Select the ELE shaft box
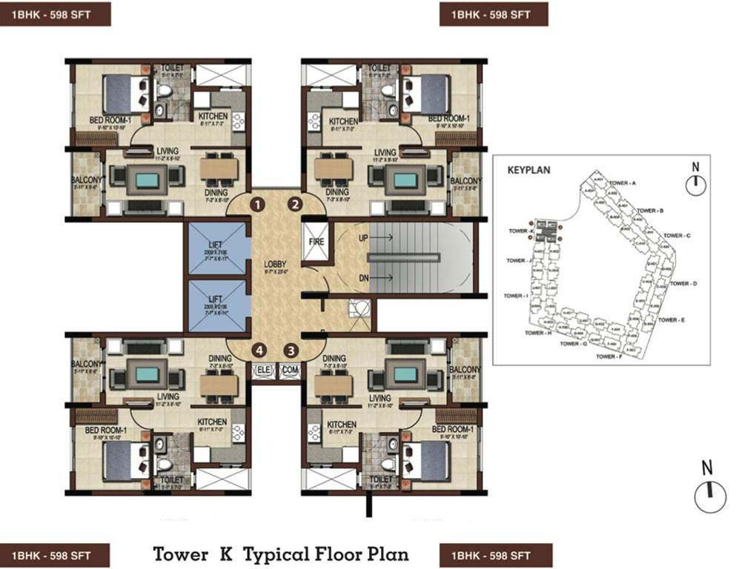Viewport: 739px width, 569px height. pyautogui.click(x=263, y=369)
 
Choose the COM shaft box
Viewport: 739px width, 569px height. pyautogui.click(x=288, y=369)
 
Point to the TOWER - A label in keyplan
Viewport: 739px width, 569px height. pyautogui.click(x=623, y=182)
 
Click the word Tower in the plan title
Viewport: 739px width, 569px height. pyautogui.click(x=181, y=553)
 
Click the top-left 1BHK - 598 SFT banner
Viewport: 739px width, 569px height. pyautogui.click(x=56, y=14)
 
